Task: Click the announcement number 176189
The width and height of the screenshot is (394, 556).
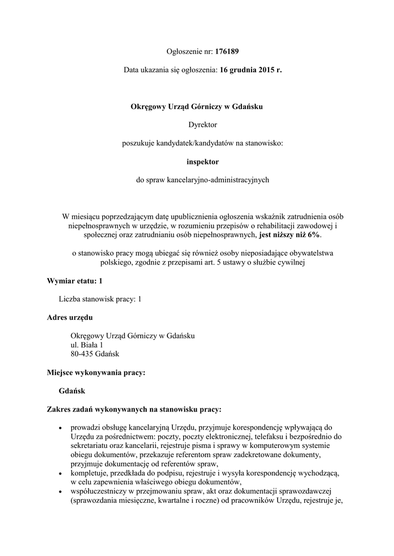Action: pos(227,52)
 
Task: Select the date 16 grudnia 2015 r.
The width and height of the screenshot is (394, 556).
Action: pos(251,70)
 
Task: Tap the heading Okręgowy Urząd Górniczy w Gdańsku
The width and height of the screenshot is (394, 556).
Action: pos(197,107)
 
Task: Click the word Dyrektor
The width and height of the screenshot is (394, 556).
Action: pos(203,125)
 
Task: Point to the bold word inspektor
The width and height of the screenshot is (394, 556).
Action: pos(203,161)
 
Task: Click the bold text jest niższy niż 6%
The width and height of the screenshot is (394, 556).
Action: pos(290,235)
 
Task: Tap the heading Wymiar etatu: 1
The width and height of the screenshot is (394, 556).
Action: pos(74,281)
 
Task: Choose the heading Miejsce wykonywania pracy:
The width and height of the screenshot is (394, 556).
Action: pos(97,372)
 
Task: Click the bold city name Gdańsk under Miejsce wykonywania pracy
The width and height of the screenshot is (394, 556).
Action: pos(72,390)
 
